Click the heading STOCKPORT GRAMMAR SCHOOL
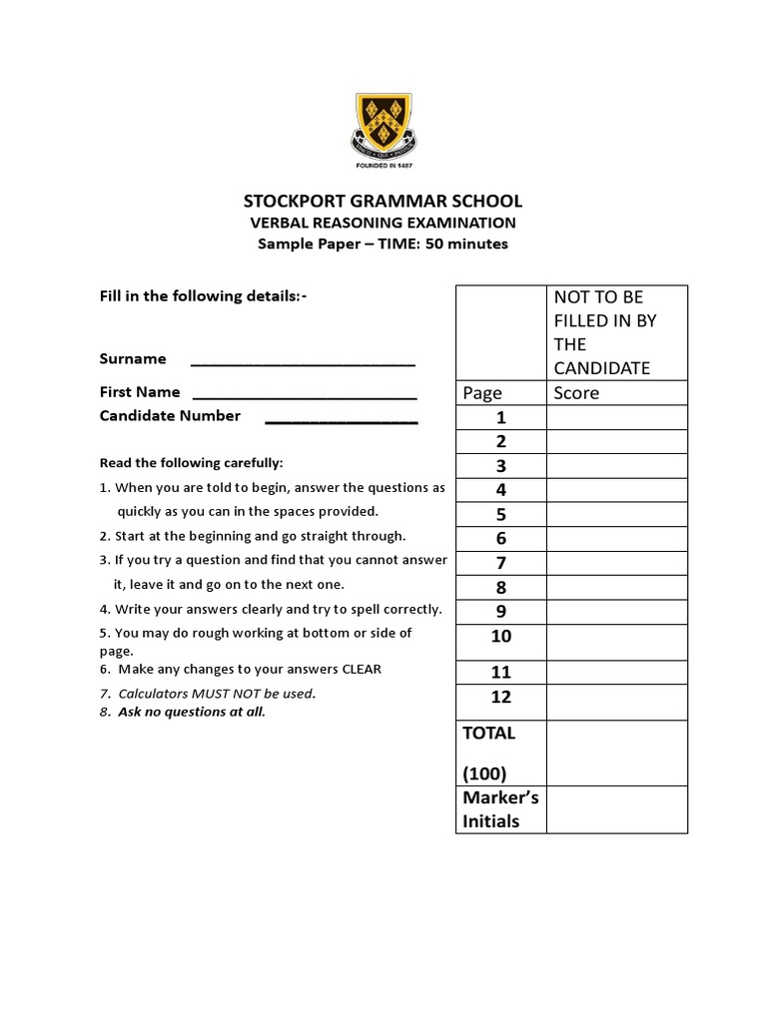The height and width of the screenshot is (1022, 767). (383, 201)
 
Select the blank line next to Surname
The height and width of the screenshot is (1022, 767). (303, 361)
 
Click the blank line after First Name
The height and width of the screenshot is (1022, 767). (303, 394)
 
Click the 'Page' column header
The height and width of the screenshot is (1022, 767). (482, 392)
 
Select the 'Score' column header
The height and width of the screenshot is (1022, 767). (576, 392)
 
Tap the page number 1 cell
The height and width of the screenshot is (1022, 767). (500, 417)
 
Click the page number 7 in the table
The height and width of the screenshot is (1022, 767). (500, 563)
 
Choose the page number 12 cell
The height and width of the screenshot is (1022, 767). (500, 697)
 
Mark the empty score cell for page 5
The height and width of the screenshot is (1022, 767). (616, 514)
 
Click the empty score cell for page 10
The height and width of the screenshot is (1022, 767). (616, 642)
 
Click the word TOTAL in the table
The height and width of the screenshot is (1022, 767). (488, 733)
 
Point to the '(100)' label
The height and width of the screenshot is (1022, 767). (484, 773)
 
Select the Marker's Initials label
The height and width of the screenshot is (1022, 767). (499, 809)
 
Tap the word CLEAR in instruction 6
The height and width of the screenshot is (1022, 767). (362, 670)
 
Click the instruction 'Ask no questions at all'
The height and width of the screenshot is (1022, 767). (192, 712)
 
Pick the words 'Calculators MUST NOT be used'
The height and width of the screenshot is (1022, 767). (216, 694)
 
